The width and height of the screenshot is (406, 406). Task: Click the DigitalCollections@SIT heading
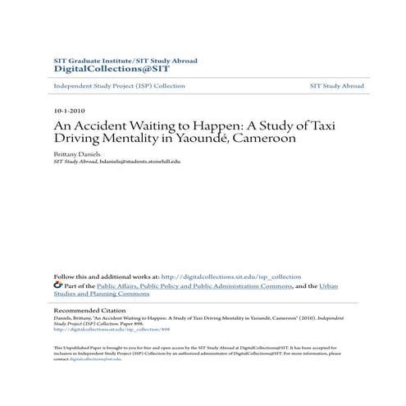tap(99, 70)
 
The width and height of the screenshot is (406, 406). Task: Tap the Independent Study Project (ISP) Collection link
tap(119, 86)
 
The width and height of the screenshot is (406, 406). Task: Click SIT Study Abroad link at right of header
tap(336, 86)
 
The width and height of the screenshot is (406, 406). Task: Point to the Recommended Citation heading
tap(90, 311)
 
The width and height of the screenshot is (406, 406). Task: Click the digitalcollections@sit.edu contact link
tap(94, 359)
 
